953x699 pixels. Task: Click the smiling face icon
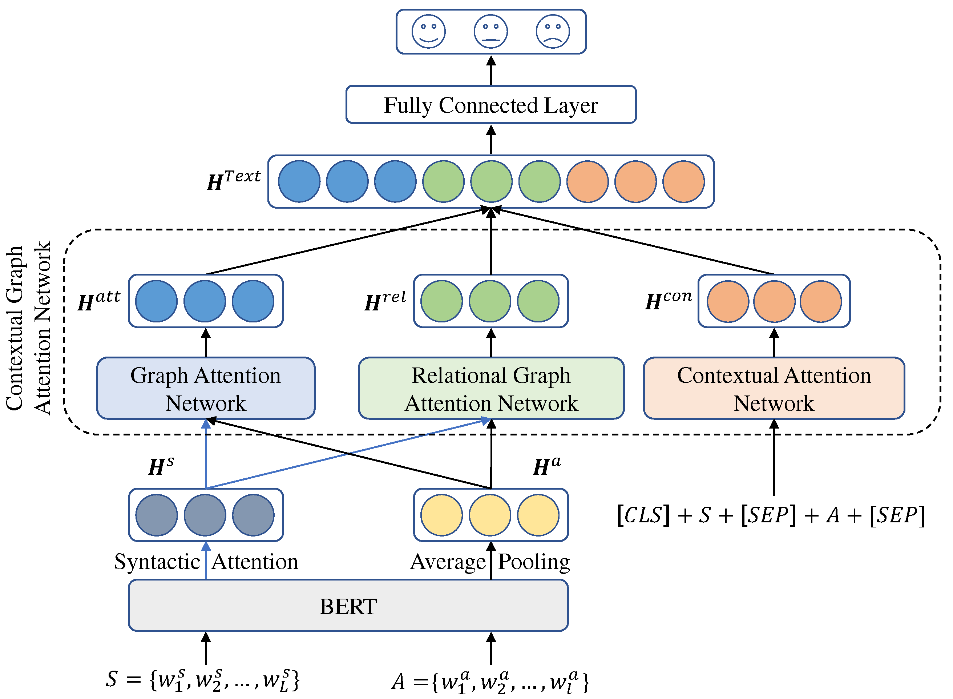coord(429,31)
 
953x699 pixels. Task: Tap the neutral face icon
coord(491,31)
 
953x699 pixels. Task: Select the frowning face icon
coord(553,31)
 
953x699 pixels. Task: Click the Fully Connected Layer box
coord(491,105)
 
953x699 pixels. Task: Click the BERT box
coord(348,606)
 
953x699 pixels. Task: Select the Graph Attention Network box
coord(206,389)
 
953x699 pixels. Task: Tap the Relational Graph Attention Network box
coord(491,389)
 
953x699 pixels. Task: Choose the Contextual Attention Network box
coord(774,389)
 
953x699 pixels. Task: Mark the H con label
coord(669,300)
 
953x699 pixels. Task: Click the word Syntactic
coord(157,562)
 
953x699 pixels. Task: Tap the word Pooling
coord(534,562)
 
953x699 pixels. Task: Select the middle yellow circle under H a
coord(490,515)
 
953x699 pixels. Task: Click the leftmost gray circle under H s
coord(157,515)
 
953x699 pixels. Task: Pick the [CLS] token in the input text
coord(643,515)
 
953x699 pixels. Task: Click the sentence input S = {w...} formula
coord(203,679)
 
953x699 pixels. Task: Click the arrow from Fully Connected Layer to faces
coord(491,70)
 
